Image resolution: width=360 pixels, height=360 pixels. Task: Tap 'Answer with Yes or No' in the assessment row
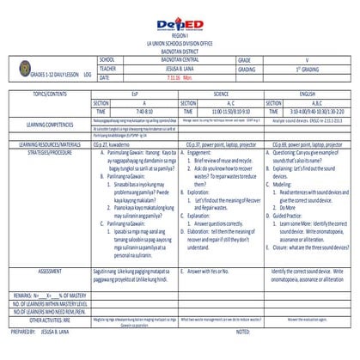pos(211,271)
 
